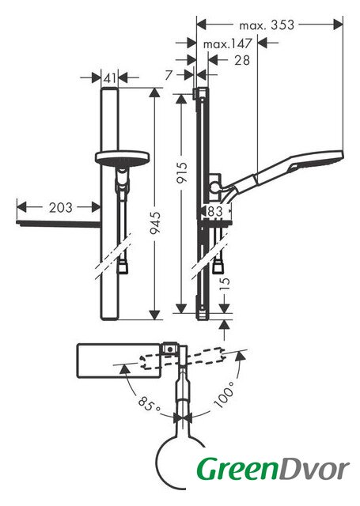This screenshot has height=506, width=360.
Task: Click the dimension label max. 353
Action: (267, 25)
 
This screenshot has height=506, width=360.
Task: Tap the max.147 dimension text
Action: (227, 43)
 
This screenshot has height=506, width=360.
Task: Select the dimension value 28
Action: (242, 60)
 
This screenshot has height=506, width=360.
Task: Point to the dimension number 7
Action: (169, 75)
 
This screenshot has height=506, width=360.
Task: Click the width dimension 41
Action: (110, 77)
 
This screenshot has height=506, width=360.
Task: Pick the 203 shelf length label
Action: (61, 207)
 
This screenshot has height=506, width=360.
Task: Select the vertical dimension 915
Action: (181, 172)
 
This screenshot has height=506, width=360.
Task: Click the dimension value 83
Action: (215, 211)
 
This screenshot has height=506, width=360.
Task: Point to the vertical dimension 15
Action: (226, 284)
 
